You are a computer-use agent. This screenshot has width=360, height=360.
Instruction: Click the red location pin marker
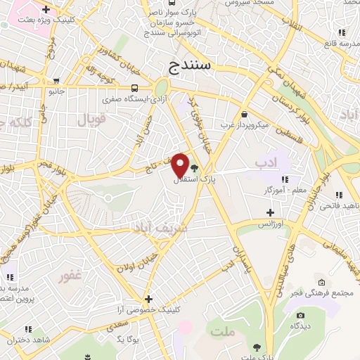click(x=181, y=165)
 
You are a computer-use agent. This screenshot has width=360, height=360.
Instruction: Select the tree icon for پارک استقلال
click(x=194, y=167)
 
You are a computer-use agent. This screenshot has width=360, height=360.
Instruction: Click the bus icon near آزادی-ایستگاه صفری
click(x=134, y=88)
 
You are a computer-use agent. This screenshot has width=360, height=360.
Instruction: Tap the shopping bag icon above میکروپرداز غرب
click(x=243, y=114)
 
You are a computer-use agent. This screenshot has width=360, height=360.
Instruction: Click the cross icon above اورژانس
click(x=269, y=212)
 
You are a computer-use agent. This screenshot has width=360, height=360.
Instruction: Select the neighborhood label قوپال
click(x=91, y=120)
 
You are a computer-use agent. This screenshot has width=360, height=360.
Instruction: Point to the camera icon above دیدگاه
click(x=301, y=315)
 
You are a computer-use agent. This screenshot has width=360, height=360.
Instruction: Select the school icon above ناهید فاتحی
click(x=338, y=195)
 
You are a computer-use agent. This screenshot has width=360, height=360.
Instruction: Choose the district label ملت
click(x=224, y=331)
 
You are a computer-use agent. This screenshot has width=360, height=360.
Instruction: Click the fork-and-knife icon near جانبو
click(x=56, y=79)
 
